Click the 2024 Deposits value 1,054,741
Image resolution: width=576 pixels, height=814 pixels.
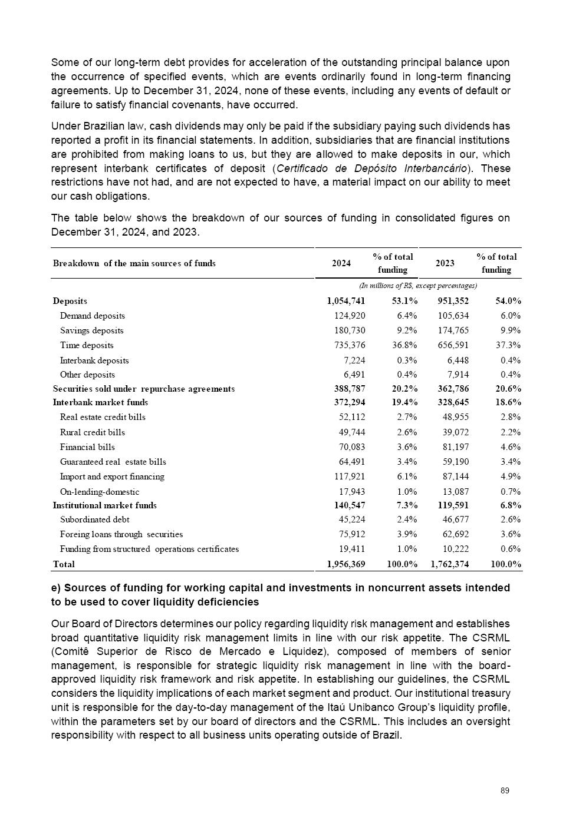(345, 301)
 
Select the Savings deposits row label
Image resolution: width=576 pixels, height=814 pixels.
(91, 330)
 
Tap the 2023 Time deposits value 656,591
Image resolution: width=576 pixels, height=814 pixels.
(453, 345)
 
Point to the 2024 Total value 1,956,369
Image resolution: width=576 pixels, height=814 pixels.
(345, 564)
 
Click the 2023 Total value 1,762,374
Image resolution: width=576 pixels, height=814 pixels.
(449, 564)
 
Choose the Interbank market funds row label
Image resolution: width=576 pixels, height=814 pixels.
(100, 403)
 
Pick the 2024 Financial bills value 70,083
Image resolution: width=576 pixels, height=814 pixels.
(351, 447)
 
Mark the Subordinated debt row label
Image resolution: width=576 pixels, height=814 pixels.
(94, 519)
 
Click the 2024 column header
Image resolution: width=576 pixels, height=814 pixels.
(341, 263)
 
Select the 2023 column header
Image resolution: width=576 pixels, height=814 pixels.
(445, 263)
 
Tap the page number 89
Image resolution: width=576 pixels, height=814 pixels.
(505, 790)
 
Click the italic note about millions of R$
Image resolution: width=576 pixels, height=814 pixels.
(418, 286)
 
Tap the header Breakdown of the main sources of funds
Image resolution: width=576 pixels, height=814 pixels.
(134, 263)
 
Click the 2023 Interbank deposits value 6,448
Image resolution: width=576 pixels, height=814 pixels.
(457, 360)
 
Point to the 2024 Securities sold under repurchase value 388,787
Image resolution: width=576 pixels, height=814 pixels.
(348, 389)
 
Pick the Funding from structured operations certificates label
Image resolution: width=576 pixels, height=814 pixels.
(149, 549)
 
